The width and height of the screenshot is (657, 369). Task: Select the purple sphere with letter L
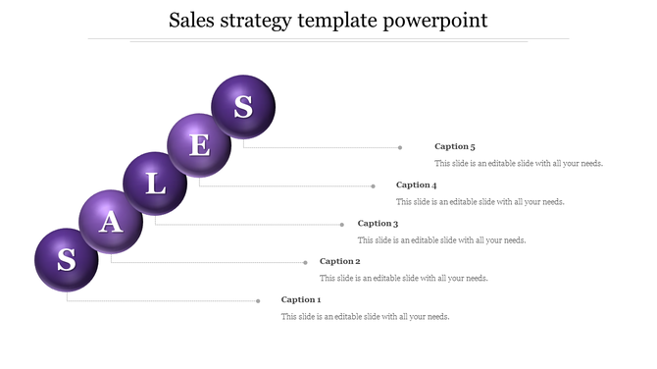pos(155,184)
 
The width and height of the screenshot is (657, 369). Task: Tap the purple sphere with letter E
pos(199,145)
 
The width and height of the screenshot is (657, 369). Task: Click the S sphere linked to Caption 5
pos(243,107)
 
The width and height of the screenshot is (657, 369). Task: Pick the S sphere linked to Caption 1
pos(67,260)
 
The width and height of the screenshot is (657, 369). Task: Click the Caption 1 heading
pos(301,299)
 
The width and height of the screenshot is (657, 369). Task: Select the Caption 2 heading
pos(340,261)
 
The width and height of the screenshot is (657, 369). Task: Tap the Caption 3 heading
pos(378,223)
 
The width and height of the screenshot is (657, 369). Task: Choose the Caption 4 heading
pos(416,184)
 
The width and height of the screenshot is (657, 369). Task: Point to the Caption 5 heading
pos(455,146)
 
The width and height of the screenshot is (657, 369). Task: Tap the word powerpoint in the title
pos(440,21)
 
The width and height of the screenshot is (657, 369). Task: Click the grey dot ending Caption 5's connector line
pos(400,147)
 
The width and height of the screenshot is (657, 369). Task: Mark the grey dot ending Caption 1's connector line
pos(258,300)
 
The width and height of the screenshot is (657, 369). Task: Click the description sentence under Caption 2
pos(404,279)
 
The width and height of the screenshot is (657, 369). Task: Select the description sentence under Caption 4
pos(480,202)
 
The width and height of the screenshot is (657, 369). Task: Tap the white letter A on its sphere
pos(112,222)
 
